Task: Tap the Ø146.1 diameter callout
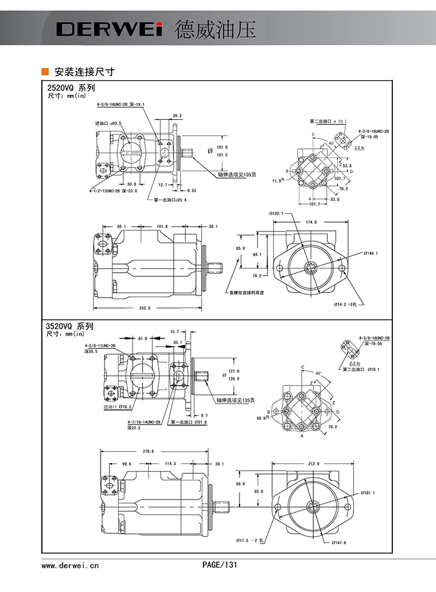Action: coord(371,254)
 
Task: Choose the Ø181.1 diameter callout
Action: coord(367,493)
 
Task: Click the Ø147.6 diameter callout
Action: coord(339,543)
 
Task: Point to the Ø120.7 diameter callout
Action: coord(277,213)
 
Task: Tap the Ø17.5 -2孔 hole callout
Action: coord(251,540)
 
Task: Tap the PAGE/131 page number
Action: coord(220,564)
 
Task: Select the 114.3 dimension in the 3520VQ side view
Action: coord(170,463)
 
